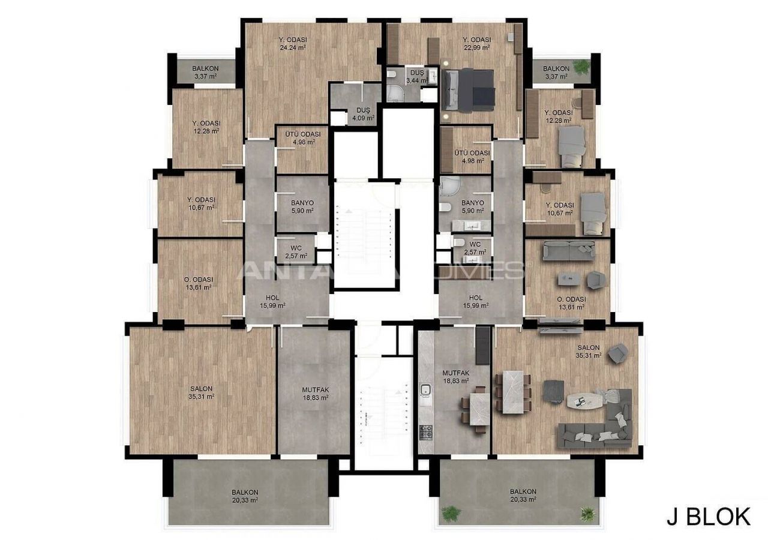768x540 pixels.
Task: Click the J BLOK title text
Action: click(709, 517)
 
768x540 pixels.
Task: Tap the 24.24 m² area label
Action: click(293, 47)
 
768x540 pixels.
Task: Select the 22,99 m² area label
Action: click(476, 47)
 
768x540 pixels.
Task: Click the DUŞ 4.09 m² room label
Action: click(363, 114)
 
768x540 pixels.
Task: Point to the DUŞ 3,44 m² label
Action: click(417, 76)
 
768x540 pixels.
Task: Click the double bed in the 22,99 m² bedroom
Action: click(469, 91)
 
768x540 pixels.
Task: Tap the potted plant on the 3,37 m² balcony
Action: click(581, 67)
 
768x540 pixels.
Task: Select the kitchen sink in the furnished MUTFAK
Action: click(426, 390)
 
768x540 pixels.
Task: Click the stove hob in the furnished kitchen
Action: click(426, 433)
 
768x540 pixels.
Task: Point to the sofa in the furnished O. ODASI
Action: click(569, 251)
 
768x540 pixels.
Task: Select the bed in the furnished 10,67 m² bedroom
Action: click(593, 214)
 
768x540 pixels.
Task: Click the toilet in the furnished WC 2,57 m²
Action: click(458, 242)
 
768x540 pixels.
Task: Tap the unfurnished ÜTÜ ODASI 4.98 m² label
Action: click(303, 138)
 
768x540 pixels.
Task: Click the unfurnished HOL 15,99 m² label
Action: click(272, 301)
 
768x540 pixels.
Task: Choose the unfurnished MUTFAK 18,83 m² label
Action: click(316, 394)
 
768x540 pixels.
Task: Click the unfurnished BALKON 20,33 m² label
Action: click(245, 496)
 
